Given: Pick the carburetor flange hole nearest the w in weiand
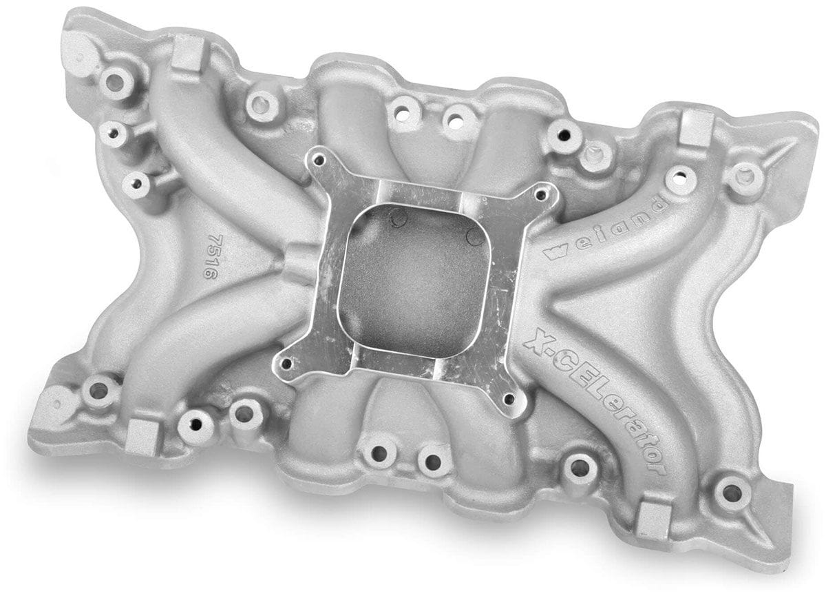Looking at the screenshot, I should pyautogui.click(x=545, y=195).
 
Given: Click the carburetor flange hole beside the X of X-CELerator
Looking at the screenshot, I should pyautogui.click(x=509, y=398).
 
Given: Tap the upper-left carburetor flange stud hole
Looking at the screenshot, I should pyautogui.click(x=317, y=160).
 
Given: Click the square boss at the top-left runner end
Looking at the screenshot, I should pyautogui.click(x=187, y=54).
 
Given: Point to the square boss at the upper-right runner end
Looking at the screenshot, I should pyautogui.click(x=696, y=127).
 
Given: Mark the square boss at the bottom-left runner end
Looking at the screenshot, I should pyautogui.click(x=142, y=436).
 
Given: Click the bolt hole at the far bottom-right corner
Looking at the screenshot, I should pyautogui.click(x=731, y=493).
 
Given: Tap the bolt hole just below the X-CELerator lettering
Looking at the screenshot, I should pyautogui.click(x=579, y=468).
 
